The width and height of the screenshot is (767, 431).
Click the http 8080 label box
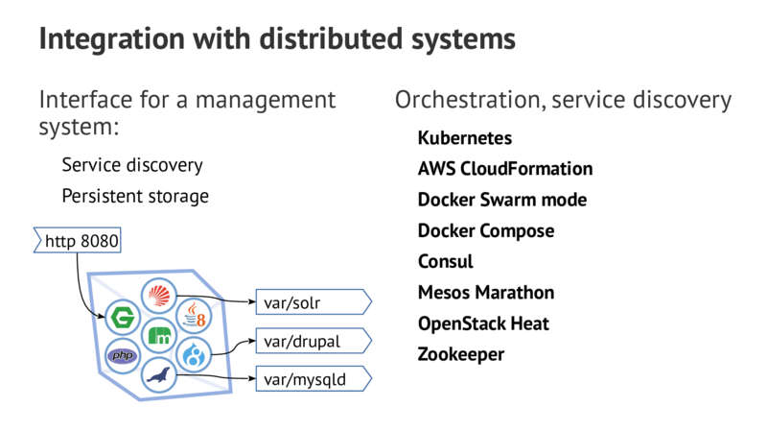click(80, 241)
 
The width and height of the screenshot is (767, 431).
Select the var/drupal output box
click(310, 341)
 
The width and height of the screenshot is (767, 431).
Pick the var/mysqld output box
click(310, 379)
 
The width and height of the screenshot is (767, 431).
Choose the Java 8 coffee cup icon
click(196, 315)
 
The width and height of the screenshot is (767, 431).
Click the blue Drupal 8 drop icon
click(196, 356)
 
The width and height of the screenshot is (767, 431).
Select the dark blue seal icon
click(159, 375)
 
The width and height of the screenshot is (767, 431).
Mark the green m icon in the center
click(159, 336)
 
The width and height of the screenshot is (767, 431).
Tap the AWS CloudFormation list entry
click(504, 169)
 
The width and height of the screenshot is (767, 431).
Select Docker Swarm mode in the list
click(501, 200)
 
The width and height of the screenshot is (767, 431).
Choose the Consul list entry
click(446, 261)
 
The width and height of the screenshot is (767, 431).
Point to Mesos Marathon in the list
click(486, 292)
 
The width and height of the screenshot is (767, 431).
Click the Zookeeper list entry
click(461, 354)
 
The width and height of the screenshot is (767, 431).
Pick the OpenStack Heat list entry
click(483, 323)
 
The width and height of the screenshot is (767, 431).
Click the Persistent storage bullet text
click(134, 196)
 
